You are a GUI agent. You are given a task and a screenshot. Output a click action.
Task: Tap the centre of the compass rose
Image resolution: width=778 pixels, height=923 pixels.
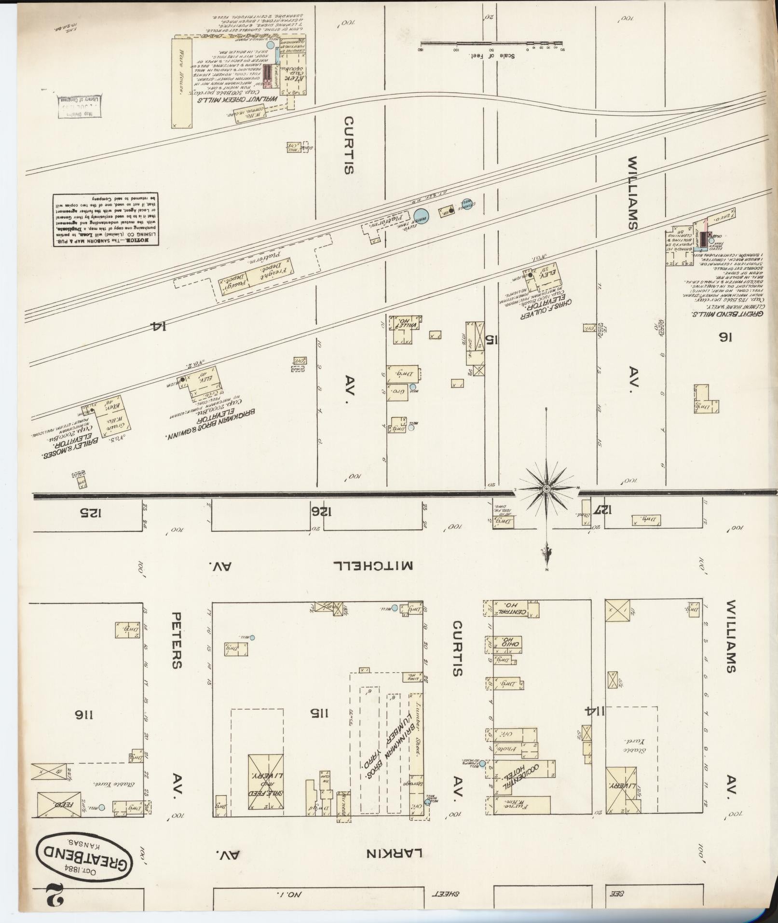click(546, 489)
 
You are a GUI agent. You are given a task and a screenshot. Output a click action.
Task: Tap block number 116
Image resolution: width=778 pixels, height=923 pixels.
click(80, 715)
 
